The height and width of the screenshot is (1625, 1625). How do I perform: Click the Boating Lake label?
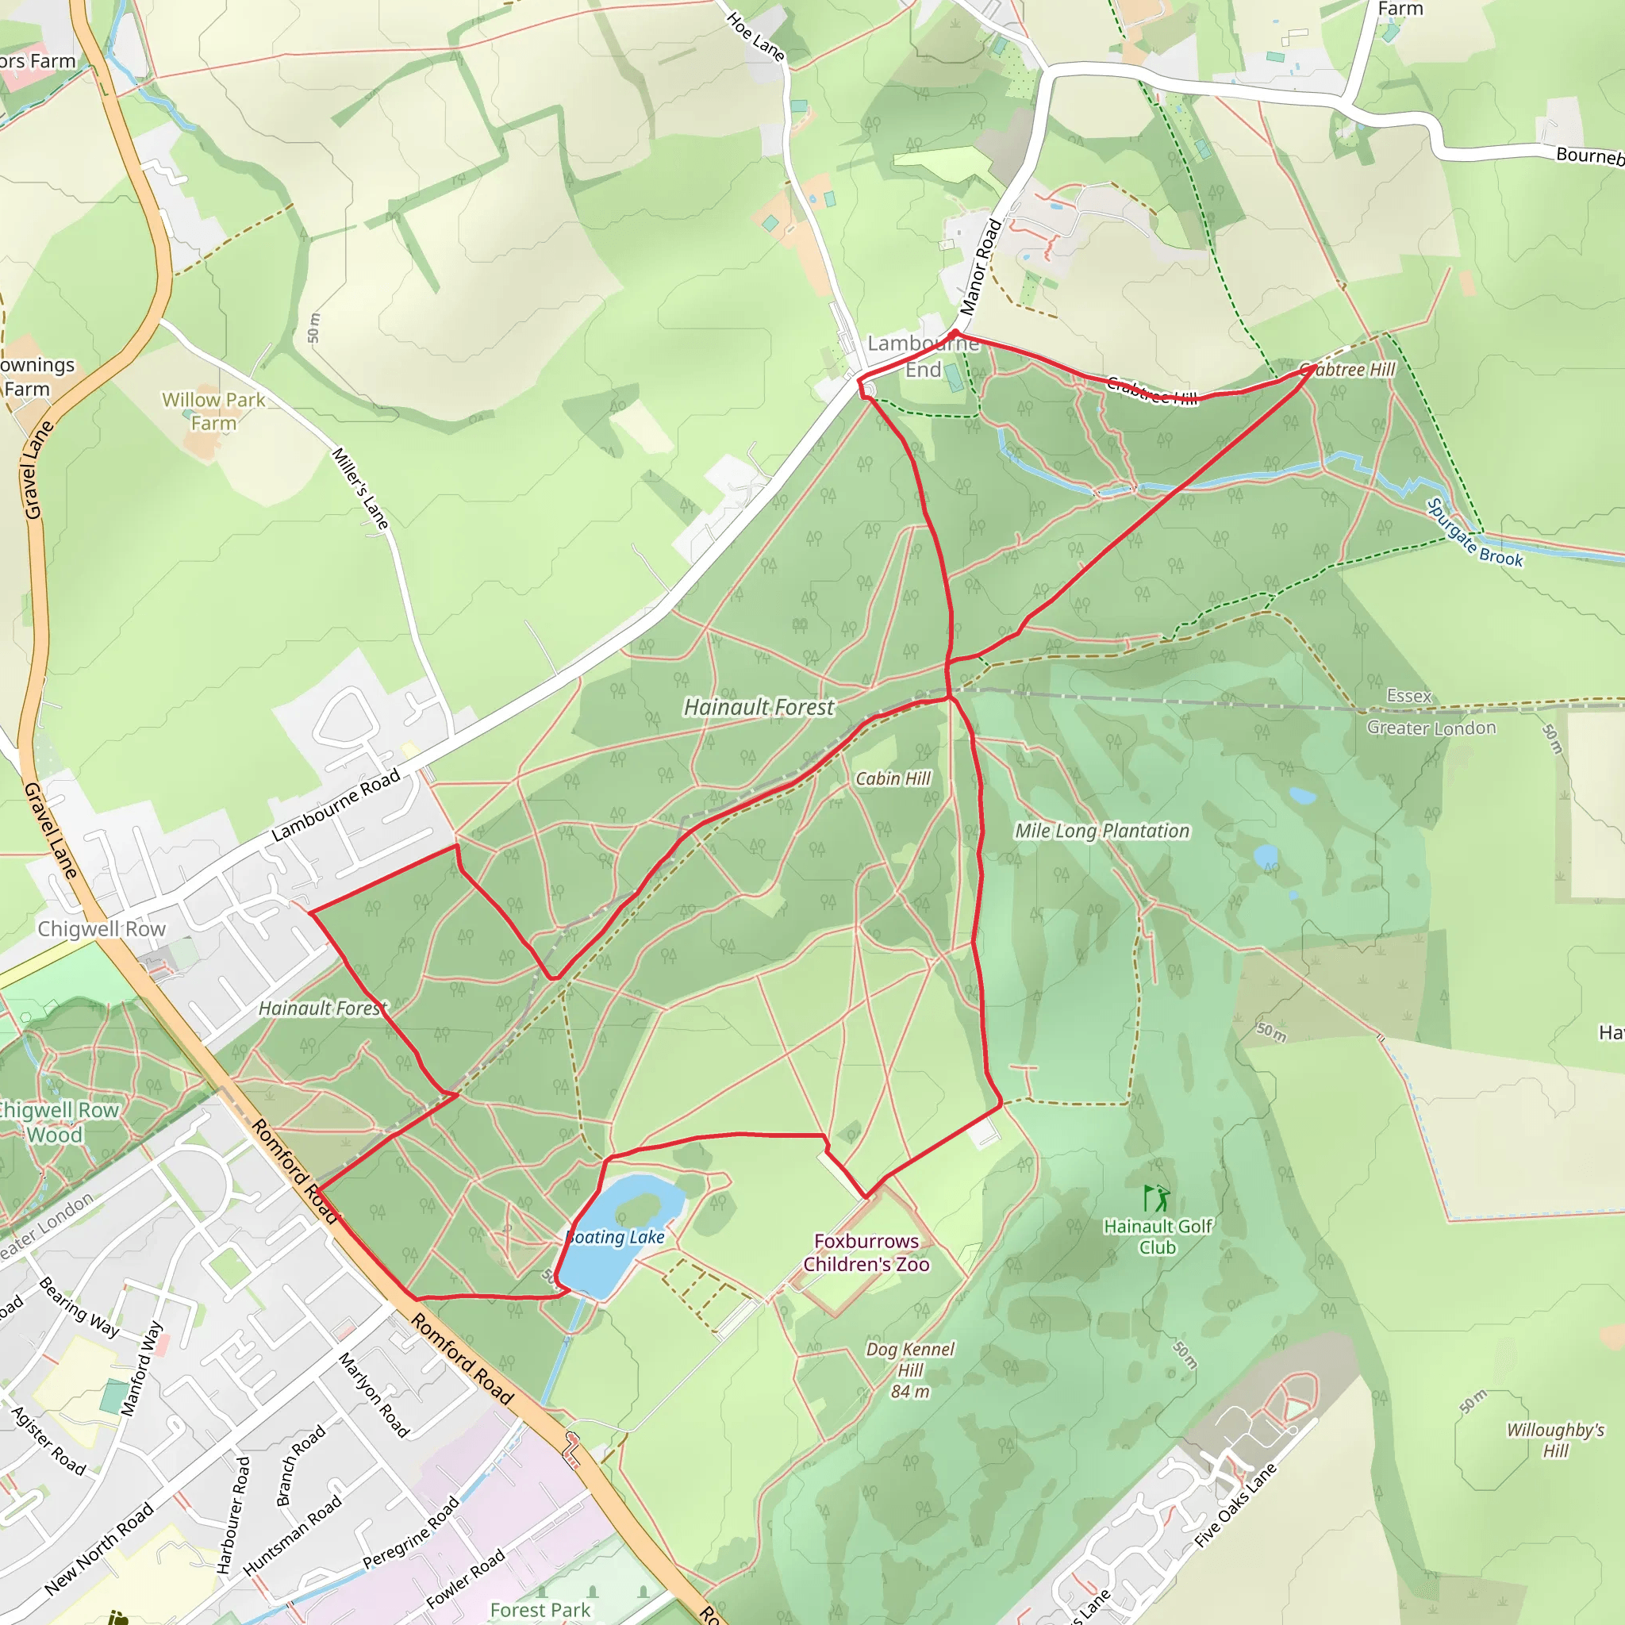click(x=616, y=1237)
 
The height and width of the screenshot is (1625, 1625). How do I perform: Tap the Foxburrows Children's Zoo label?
click(x=866, y=1252)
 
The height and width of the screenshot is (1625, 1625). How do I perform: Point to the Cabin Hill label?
click(x=893, y=779)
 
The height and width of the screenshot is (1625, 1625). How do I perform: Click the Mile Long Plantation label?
click(x=1102, y=831)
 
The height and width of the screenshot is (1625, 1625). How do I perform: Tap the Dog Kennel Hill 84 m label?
click(x=910, y=1370)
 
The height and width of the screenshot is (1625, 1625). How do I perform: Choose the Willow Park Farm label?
click(x=213, y=411)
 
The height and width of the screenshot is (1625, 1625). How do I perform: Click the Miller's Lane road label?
click(x=360, y=489)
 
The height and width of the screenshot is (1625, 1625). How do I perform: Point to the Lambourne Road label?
click(x=336, y=807)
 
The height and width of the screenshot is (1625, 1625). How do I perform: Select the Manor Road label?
click(x=981, y=267)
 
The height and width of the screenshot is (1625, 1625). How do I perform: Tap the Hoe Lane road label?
click(x=755, y=37)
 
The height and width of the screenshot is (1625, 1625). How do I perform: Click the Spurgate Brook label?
click(x=1474, y=533)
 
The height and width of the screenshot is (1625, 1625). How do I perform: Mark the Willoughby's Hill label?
click(x=1555, y=1440)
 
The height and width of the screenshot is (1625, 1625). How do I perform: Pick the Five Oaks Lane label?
click(x=1235, y=1505)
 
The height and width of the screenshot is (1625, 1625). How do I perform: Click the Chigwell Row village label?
click(x=102, y=928)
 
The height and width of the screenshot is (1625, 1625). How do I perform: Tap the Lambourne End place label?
click(x=924, y=355)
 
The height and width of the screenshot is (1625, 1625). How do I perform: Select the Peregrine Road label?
click(x=410, y=1532)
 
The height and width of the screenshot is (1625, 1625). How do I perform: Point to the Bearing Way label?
click(x=79, y=1307)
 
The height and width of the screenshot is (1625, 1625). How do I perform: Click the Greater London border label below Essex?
click(x=1431, y=728)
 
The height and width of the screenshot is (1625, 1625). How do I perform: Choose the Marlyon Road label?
click(x=374, y=1395)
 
